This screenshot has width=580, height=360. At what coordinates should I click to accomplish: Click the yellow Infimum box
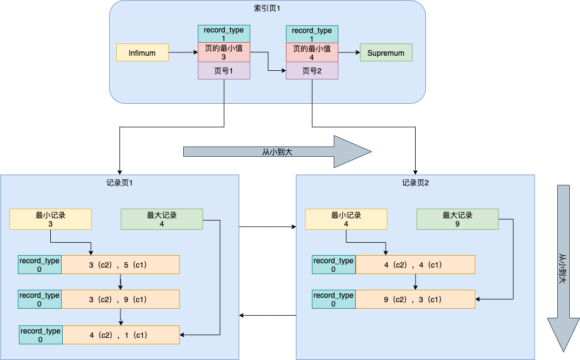coord(142,52)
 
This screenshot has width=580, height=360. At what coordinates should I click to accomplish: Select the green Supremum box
coord(386,52)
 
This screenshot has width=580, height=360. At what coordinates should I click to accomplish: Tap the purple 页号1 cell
coord(224,71)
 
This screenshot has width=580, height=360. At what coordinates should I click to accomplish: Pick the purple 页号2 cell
coord(312,71)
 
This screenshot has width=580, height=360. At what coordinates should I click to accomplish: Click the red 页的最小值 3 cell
coord(224,52)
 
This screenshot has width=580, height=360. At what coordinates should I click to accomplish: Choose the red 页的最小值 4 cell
coord(312,52)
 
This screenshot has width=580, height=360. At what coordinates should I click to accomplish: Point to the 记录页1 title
coord(119,183)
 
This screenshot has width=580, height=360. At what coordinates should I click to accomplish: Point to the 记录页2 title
coord(415,183)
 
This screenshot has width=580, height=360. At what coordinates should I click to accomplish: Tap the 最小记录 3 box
coord(50,219)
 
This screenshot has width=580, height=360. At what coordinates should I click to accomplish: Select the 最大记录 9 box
coord(457,219)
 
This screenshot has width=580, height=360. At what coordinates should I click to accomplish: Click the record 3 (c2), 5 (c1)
coord(120,265)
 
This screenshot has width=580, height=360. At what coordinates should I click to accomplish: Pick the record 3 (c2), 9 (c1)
coord(120,299)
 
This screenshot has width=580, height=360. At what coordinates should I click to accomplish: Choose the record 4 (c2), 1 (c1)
coord(121,335)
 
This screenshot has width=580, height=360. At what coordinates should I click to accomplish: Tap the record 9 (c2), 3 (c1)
coord(415,299)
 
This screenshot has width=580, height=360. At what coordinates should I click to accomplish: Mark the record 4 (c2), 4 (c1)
coord(415,265)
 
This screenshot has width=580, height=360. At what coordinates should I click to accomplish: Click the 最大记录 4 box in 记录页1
coord(162,219)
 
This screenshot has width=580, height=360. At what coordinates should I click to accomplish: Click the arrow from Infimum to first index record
coord(183,52)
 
